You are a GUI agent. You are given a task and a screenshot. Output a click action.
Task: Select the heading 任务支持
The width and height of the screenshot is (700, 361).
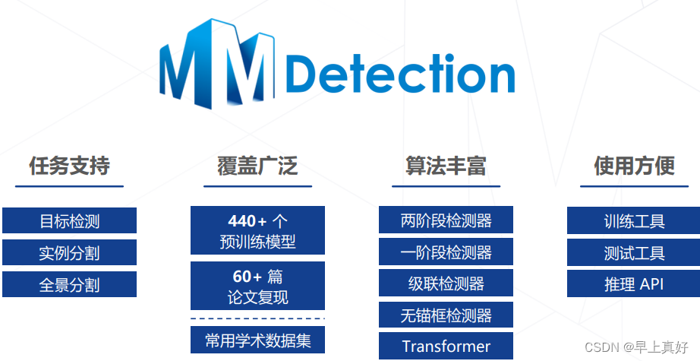(69, 166)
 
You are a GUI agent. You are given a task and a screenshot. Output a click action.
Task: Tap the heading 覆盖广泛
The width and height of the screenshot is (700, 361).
(257, 166)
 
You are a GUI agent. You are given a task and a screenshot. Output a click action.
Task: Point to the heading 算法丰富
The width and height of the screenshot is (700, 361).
(446, 166)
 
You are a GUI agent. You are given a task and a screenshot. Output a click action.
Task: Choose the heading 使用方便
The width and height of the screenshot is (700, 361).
(634, 166)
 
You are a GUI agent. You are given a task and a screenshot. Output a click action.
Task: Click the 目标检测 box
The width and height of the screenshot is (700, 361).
(69, 221)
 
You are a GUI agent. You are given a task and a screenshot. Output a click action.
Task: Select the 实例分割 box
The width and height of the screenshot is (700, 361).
(69, 253)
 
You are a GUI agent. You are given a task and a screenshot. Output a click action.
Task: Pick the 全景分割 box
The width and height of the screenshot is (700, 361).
(69, 285)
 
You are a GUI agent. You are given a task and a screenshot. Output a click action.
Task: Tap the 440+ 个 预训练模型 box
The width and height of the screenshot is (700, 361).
(257, 231)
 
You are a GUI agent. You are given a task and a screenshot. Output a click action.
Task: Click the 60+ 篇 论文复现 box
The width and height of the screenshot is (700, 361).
(257, 286)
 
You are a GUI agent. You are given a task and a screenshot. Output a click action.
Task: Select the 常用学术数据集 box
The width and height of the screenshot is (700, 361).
(257, 340)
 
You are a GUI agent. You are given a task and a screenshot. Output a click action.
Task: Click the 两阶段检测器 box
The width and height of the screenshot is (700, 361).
(446, 220)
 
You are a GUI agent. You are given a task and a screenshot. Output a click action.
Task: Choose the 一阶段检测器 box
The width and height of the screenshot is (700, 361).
(446, 252)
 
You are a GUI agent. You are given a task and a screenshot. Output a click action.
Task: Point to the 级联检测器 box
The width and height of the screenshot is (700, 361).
(446, 284)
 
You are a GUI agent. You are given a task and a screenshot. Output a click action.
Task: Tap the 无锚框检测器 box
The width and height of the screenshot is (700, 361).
(446, 315)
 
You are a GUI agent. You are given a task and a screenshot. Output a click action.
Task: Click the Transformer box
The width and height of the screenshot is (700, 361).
(446, 346)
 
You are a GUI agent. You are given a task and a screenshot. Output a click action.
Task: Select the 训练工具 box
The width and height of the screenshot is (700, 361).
(634, 221)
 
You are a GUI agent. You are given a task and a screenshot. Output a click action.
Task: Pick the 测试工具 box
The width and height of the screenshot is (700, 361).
(634, 253)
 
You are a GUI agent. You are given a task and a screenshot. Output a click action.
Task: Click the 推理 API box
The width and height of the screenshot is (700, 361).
(634, 284)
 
